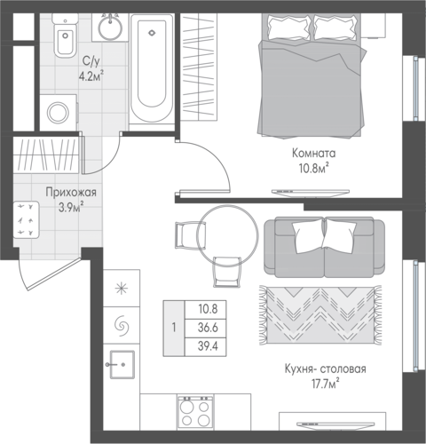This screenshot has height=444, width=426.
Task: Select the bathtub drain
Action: tap(152, 33)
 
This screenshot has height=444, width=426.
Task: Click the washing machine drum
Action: tap(59, 113)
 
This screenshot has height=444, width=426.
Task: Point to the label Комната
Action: tap(314, 154)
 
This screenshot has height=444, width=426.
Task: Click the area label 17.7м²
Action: tap(326, 385)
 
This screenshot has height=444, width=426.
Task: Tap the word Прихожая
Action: tap(71, 193)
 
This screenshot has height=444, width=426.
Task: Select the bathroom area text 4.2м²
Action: tap(91, 76)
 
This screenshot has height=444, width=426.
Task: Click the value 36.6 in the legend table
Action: tap(208, 328)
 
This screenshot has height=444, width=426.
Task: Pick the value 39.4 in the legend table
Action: tap(208, 346)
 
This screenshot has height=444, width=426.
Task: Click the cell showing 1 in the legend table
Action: tap(174, 328)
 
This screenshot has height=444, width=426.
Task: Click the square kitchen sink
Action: tap(122, 365)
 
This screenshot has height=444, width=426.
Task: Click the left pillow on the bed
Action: tap(289, 28)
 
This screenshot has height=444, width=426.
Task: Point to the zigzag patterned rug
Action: tap(320, 315)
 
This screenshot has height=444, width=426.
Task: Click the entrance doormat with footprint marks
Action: tap(27, 219)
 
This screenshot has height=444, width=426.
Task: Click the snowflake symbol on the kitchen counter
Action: tap(122, 289)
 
